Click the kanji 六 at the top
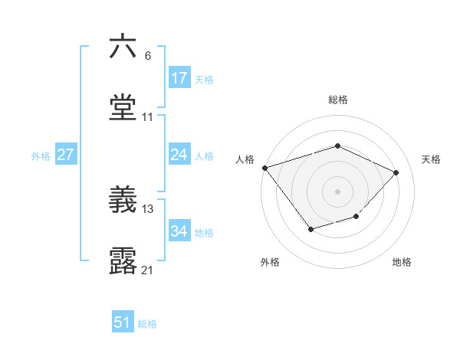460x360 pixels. point(123,47)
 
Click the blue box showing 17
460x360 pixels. point(179,77)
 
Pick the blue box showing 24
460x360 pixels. point(179,155)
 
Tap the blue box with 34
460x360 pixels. point(179,231)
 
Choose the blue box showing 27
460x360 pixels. point(66,155)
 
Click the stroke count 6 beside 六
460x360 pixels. point(148,56)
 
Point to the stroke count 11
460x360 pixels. point(148,117)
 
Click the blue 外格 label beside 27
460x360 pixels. point(41,155)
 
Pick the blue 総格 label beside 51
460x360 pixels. point(147,324)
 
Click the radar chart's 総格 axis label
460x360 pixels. point(338,100)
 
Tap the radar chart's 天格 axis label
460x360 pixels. point(432,159)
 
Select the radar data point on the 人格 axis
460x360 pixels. point(264,168)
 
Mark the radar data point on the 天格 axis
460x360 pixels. point(396,172)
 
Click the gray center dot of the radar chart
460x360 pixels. point(337,191)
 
